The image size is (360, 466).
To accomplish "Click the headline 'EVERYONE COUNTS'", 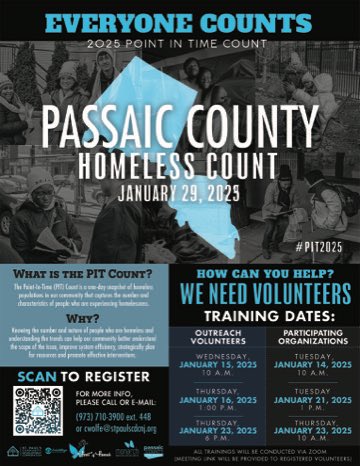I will pyautogui.click(x=180, y=21).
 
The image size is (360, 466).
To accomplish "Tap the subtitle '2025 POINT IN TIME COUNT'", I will pyautogui.click(x=180, y=45).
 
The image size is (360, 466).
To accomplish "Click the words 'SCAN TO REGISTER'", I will pyautogui.click(x=90, y=377).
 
